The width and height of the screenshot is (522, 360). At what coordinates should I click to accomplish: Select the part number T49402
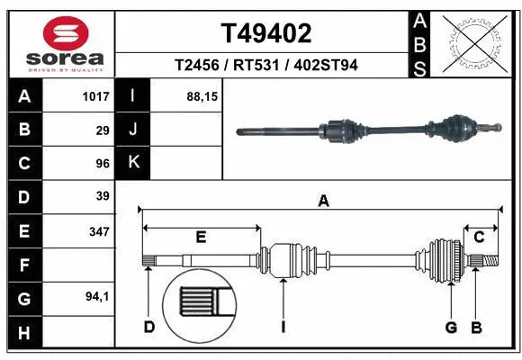click(x=266, y=33)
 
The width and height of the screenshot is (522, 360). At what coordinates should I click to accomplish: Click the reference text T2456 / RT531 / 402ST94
click(x=266, y=65)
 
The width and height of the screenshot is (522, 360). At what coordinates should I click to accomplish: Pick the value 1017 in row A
click(x=95, y=96)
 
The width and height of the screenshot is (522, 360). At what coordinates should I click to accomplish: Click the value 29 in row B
click(x=103, y=130)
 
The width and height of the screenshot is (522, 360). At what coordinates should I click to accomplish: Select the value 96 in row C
click(x=103, y=163)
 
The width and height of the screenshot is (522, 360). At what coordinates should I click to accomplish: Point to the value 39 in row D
click(x=103, y=196)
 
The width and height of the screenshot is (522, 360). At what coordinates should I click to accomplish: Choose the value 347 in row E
click(x=99, y=231)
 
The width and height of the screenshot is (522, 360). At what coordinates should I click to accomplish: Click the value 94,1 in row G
click(x=97, y=295)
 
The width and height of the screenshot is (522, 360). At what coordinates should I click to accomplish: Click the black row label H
click(x=23, y=334)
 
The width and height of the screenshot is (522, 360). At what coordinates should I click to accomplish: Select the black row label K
click(x=133, y=163)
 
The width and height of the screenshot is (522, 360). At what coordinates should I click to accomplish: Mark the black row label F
click(x=23, y=265)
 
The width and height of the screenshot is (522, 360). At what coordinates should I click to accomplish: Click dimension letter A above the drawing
click(x=323, y=202)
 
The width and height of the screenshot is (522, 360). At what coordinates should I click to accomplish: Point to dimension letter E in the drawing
click(x=202, y=238)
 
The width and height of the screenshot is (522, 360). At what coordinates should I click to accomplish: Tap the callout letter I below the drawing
click(x=283, y=327)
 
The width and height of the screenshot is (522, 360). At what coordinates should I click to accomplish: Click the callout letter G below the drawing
click(x=451, y=327)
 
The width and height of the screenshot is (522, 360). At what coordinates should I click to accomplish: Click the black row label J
click(x=133, y=130)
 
